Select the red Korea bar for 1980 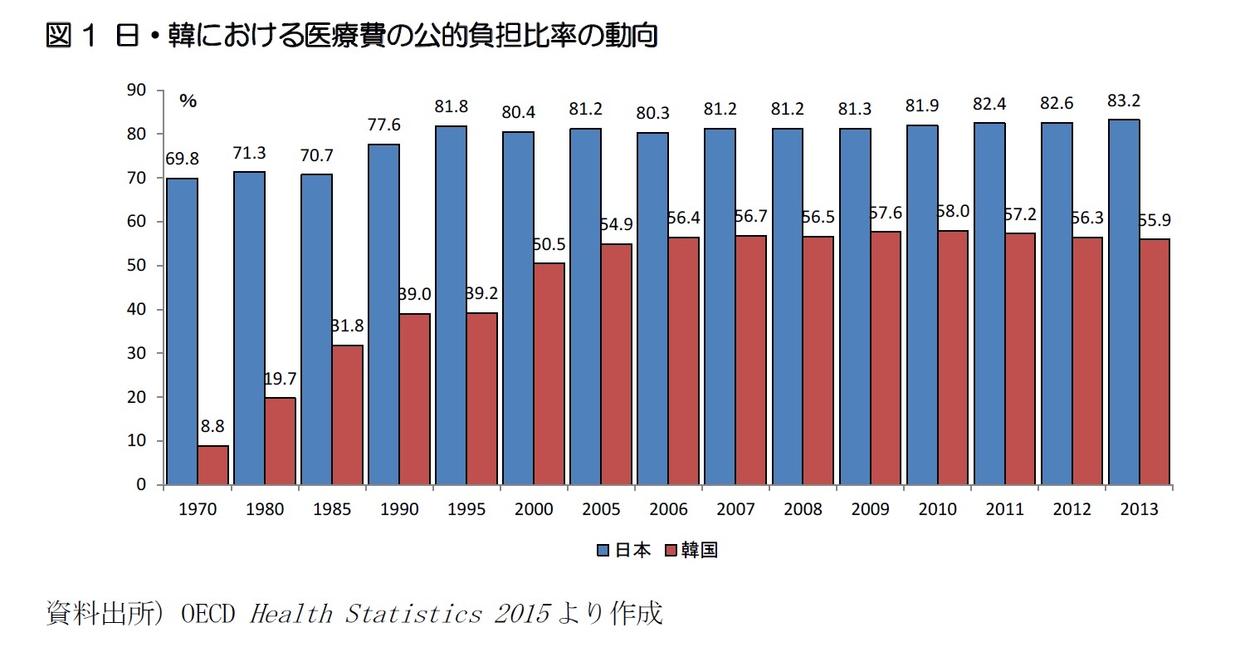click(x=280, y=440)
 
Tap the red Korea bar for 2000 click(x=549, y=373)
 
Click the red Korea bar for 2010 click(x=952, y=357)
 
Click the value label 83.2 click(x=1123, y=101)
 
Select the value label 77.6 click(x=383, y=125)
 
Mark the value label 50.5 click(x=549, y=246)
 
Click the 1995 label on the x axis click(x=466, y=509)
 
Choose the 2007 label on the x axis click(x=735, y=509)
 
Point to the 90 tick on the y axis click(x=135, y=90)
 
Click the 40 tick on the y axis click(x=135, y=309)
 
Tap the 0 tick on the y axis click(x=140, y=484)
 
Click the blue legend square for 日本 click(x=603, y=551)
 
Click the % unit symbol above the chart click(x=188, y=101)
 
